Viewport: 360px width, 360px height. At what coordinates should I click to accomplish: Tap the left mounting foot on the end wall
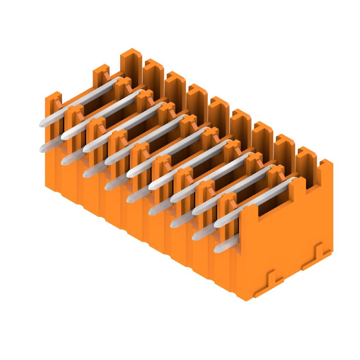[270, 282]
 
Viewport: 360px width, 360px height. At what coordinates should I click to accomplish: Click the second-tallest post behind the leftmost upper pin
[101, 74]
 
